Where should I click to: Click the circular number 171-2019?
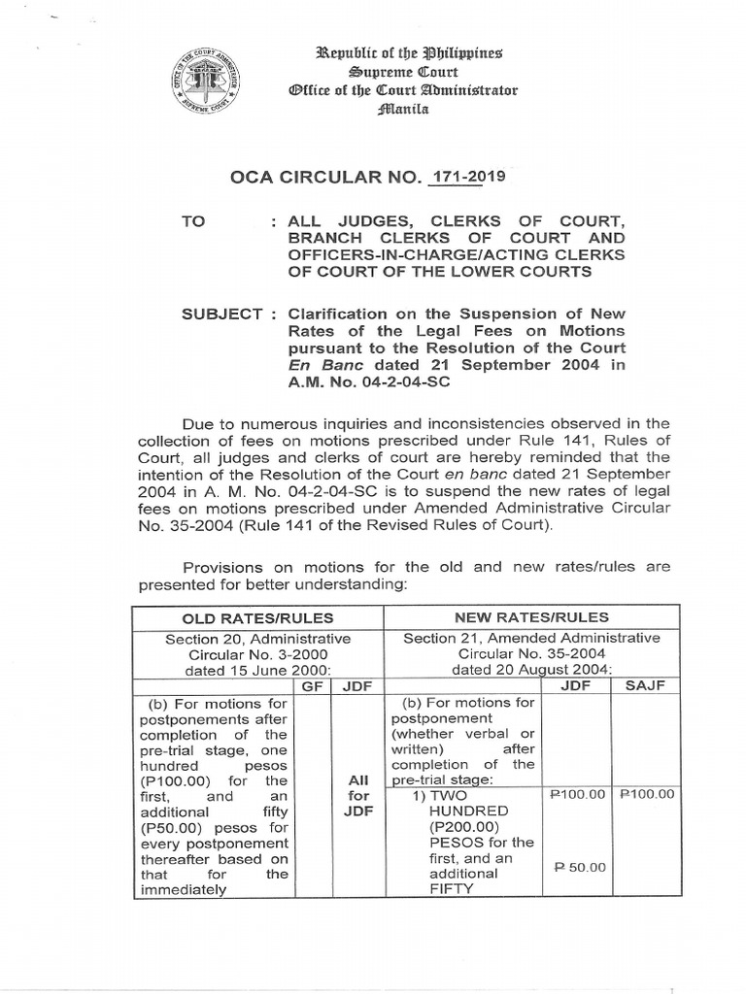(465, 178)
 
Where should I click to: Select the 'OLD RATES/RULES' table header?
(259, 617)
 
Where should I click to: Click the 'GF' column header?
(313, 685)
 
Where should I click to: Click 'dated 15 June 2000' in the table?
(257, 669)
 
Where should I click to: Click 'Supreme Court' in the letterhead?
(405, 71)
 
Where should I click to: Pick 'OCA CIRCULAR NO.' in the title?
(325, 179)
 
